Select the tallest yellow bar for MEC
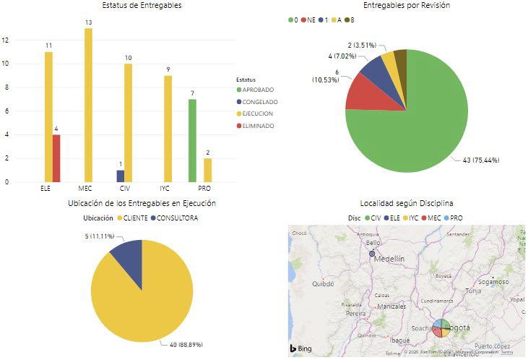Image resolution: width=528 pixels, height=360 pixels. [89, 105]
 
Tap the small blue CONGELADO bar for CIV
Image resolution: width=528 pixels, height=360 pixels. [121, 176]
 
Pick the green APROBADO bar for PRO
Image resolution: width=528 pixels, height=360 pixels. [192, 140]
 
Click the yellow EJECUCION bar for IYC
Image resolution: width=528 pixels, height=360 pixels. [168, 128]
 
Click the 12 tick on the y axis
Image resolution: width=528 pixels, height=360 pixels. [7, 40]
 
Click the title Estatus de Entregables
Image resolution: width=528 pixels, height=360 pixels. [142, 6]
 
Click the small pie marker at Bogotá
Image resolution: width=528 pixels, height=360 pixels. [441, 329]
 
